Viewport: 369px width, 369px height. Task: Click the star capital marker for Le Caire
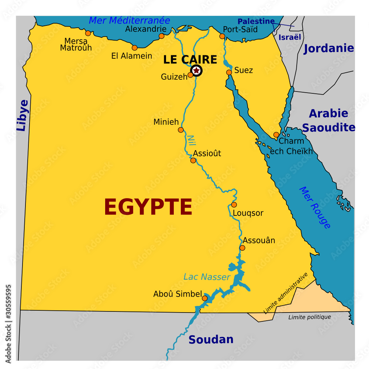coord(196,70)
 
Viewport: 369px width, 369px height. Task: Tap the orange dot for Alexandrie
coord(161,36)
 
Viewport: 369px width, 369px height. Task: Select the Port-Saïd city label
coord(240,30)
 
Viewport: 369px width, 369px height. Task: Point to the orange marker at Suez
coord(229,72)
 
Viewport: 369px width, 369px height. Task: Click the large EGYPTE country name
coord(148,207)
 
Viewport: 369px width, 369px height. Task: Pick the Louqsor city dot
coord(234,205)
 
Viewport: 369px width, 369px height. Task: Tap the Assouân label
coord(259,240)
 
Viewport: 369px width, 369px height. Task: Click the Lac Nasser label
coord(207,277)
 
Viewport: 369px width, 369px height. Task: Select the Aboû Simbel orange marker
coord(204,298)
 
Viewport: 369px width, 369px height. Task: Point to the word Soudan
coord(211,339)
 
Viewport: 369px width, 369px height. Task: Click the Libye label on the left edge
coord(23,115)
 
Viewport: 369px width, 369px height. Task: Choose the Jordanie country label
coord(328,48)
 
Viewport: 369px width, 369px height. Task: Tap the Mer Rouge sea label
coord(314,207)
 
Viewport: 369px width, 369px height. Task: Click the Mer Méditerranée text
coord(129,20)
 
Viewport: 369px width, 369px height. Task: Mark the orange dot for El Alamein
coord(135,48)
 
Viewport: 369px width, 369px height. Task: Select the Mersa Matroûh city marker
coord(88,33)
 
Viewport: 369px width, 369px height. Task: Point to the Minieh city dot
coord(181,130)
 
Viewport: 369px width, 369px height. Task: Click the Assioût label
coord(207,153)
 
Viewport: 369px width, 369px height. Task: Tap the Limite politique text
coord(310,317)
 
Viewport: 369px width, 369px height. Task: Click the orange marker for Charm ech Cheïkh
coord(276,135)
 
